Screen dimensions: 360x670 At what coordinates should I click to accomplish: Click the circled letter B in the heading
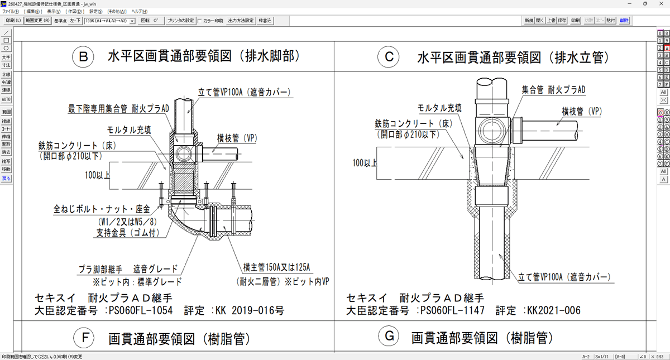83,57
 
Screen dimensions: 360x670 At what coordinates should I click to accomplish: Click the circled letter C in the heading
389,57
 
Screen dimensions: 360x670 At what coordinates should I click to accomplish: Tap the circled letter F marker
83,338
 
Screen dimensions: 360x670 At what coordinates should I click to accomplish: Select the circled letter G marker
387,338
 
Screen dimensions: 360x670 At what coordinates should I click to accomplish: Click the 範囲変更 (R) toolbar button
38,21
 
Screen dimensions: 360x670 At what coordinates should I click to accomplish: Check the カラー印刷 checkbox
200,21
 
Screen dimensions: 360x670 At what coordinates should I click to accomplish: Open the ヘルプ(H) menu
138,11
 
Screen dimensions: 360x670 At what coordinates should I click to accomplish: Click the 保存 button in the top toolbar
562,21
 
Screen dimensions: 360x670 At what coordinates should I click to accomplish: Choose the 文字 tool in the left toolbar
6,57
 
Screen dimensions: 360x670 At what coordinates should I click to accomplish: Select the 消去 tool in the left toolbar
6,152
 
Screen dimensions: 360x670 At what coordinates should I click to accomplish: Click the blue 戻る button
6,179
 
